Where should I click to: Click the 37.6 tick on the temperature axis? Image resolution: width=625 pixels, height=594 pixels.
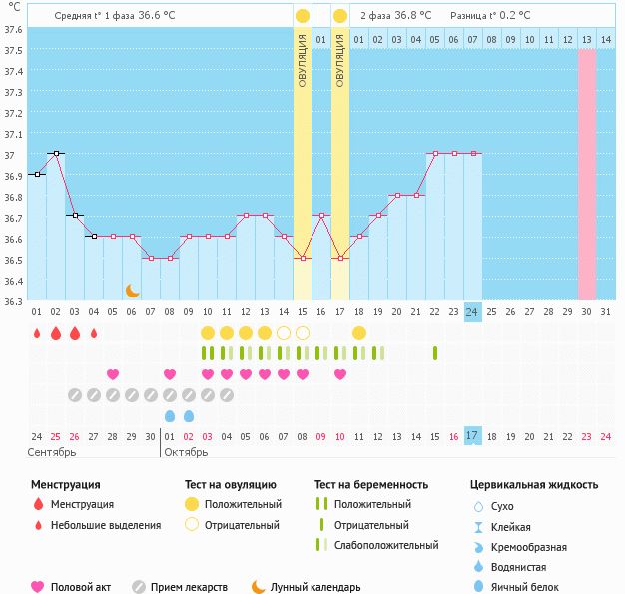click(x=12, y=28)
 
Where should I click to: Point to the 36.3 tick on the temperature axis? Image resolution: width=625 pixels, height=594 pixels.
click(x=12, y=301)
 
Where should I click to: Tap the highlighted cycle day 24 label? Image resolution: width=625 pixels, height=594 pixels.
click(x=472, y=312)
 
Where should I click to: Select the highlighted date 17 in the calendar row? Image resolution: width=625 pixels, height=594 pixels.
click(x=472, y=436)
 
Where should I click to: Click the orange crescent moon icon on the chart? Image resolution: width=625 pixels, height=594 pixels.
click(x=132, y=290)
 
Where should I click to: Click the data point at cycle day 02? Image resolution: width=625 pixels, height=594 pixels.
click(x=56, y=153)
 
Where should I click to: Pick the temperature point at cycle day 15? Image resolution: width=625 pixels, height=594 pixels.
click(x=303, y=258)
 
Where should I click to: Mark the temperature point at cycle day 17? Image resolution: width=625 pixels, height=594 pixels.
click(x=340, y=258)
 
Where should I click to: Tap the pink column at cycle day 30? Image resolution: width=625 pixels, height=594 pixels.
click(x=587, y=175)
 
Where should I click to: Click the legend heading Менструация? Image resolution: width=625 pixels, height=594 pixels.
click(x=64, y=485)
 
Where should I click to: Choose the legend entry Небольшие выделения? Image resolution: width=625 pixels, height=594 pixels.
click(x=105, y=525)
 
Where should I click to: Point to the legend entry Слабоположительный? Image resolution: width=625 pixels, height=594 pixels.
click(x=386, y=545)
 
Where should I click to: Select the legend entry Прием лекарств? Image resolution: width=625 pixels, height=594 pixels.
click(x=189, y=587)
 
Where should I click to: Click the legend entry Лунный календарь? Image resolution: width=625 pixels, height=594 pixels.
click(x=315, y=587)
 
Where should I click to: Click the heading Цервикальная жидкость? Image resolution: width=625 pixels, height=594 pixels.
click(x=534, y=485)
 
